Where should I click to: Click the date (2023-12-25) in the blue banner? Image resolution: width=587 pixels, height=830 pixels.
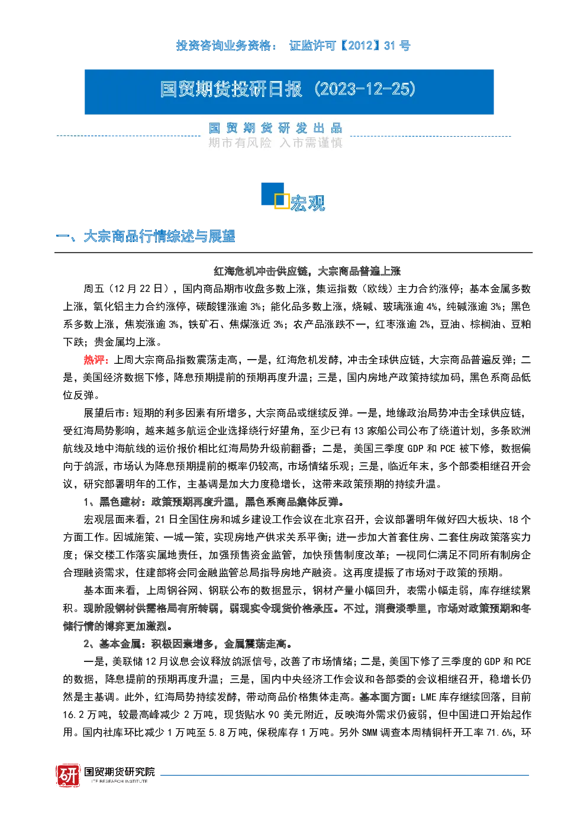pyautogui.click(x=365, y=89)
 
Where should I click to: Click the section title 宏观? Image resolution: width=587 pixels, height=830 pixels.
pyautogui.click(x=308, y=203)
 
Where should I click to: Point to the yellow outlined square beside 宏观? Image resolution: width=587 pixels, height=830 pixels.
pyautogui.click(x=282, y=201)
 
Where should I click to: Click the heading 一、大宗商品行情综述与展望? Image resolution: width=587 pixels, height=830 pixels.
pyautogui.click(x=145, y=236)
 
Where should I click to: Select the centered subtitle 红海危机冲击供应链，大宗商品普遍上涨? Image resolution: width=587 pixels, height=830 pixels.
pyautogui.click(x=307, y=271)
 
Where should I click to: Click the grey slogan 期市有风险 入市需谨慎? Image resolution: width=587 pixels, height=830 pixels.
pyautogui.click(x=275, y=143)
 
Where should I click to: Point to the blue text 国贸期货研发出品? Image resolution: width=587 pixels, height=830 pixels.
pyautogui.click(x=275, y=128)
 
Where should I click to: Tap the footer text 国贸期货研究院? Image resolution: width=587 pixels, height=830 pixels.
pyautogui.click(x=120, y=772)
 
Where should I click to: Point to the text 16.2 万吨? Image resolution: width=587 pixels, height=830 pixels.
pyautogui.click(x=85, y=715)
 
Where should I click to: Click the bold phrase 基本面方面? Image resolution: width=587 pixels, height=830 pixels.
pyautogui.click(x=385, y=697)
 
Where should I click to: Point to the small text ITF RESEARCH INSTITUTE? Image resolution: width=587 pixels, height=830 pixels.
pyautogui.click(x=120, y=781)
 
